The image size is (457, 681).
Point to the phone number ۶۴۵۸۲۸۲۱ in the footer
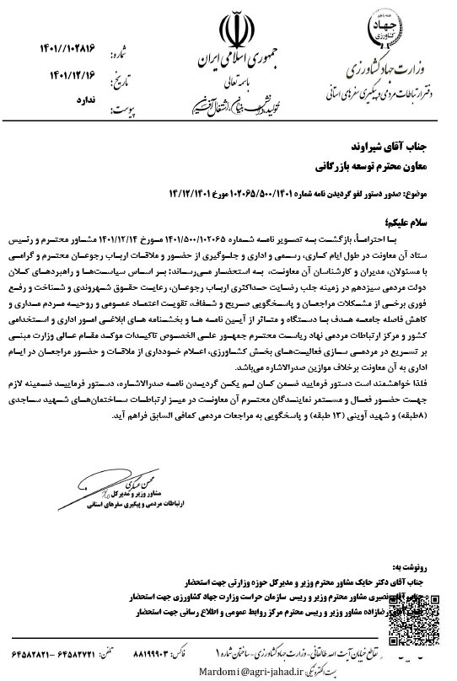coord(30,652)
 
